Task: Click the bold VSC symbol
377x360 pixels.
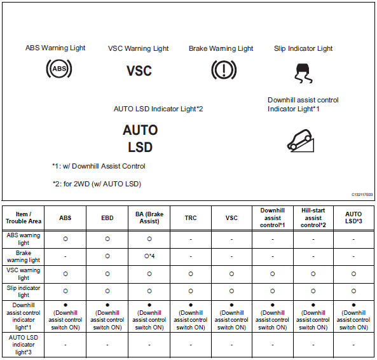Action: click(139, 70)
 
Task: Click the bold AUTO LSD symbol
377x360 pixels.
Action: click(140, 138)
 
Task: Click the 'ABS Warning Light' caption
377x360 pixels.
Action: click(55, 48)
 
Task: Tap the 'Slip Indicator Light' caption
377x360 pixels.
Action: click(303, 48)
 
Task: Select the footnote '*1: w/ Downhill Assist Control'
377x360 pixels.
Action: click(99, 166)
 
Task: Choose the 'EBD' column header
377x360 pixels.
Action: click(107, 218)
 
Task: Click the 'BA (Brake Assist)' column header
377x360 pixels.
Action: click(149, 218)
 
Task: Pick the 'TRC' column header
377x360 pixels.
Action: click(191, 218)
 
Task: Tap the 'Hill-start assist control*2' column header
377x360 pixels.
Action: click(313, 218)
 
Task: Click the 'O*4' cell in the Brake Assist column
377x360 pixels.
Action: click(149, 256)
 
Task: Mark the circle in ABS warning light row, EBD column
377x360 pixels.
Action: click(107, 239)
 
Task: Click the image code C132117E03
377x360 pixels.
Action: click(361, 195)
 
